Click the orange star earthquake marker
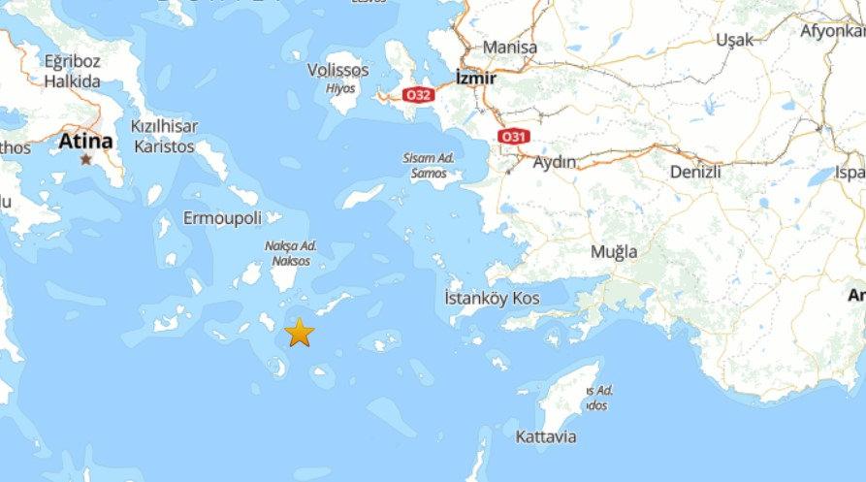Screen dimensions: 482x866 pyautogui.click(x=300, y=333)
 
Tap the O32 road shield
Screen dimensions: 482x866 pyautogui.click(x=418, y=94)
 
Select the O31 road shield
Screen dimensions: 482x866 pyautogui.click(x=512, y=137)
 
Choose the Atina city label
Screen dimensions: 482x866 pyautogui.click(x=85, y=142)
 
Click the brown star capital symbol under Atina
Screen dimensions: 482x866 pyautogui.click(x=86, y=159)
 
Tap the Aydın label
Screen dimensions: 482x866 pyautogui.click(x=555, y=162)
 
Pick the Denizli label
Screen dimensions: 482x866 pyautogui.click(x=695, y=172)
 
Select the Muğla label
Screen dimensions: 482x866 pyautogui.click(x=614, y=252)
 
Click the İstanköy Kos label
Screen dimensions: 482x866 pyautogui.click(x=492, y=298)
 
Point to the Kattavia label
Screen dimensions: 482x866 pyautogui.click(x=546, y=436)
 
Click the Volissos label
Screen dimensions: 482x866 pyautogui.click(x=337, y=71)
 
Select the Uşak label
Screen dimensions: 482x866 pyautogui.click(x=733, y=40)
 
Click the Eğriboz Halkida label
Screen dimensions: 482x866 pyautogui.click(x=72, y=72)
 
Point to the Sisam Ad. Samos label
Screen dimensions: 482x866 pyautogui.click(x=428, y=165)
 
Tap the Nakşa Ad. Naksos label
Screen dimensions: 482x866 pyautogui.click(x=291, y=254)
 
